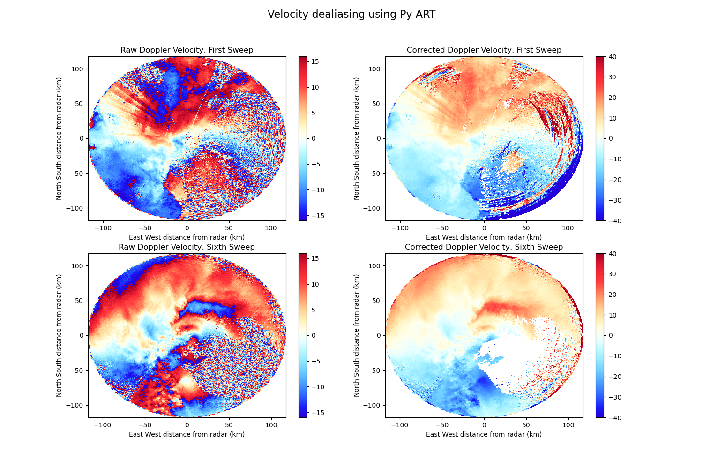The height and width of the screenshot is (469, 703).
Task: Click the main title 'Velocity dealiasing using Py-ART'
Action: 351,15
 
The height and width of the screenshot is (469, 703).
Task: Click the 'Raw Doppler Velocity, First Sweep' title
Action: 187,50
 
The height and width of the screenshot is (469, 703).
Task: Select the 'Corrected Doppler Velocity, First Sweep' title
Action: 484,50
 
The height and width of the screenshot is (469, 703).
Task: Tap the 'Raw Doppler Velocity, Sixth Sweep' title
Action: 187,247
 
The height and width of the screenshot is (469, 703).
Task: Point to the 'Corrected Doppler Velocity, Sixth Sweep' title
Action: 484,247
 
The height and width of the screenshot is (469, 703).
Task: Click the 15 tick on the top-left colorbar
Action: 315,61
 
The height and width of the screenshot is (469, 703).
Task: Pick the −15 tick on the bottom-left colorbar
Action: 315,413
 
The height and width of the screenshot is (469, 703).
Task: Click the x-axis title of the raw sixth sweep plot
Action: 187,434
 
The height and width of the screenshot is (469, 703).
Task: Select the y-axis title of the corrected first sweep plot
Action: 357,138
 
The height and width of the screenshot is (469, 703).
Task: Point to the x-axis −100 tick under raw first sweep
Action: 103,228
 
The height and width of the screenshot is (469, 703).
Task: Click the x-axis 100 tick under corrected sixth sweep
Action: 568,425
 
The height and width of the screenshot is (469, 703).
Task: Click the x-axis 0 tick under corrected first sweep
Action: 484,228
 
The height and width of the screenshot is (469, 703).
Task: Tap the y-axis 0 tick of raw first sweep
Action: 82,138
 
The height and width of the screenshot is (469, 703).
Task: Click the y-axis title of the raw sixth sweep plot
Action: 60,335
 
